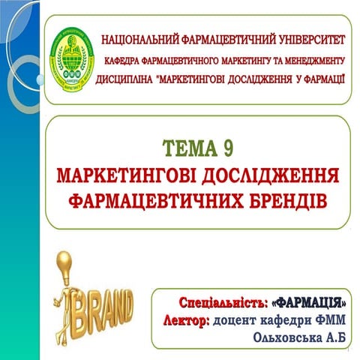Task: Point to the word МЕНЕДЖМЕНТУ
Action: [x=308, y=58]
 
